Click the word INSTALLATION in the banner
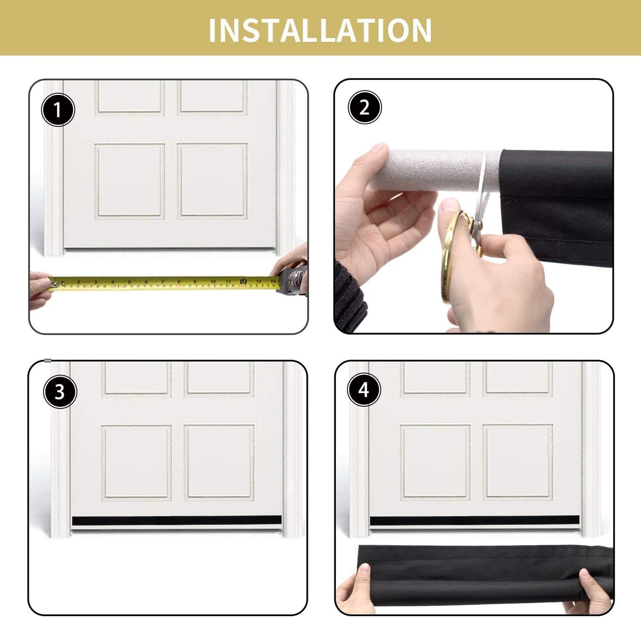(320, 30)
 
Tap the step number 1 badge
(58, 110)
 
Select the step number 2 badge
(365, 107)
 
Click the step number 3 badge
(60, 392)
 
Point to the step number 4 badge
(364, 390)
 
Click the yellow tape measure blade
(165, 283)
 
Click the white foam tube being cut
(435, 171)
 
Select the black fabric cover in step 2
(557, 208)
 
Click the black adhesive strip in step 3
(177, 520)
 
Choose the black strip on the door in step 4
(475, 520)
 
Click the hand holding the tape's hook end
(39, 290)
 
